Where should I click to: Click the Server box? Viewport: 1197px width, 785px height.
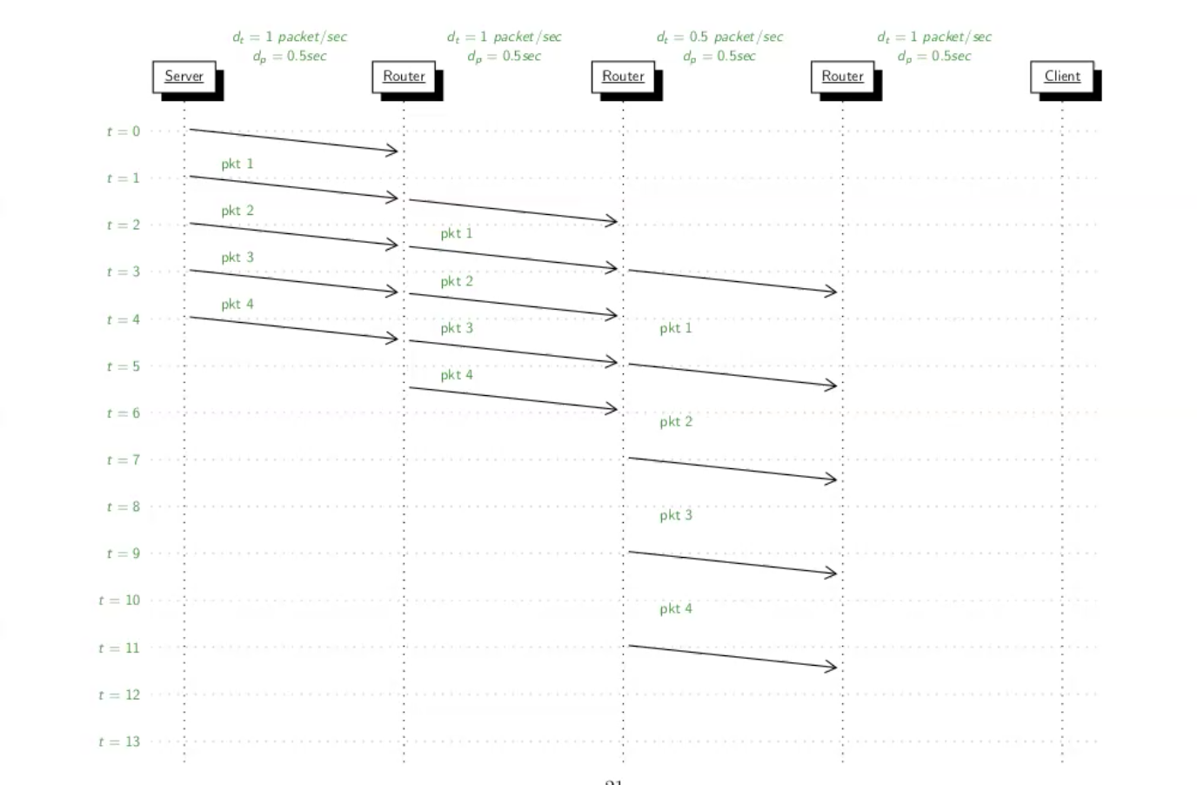[184, 77]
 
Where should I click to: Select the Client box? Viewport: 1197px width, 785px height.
[1062, 77]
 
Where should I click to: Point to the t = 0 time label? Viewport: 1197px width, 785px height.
[123, 131]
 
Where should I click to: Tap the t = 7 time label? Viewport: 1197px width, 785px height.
[123, 460]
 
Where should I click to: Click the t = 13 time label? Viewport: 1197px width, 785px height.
[119, 741]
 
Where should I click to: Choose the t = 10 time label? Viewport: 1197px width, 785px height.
[119, 600]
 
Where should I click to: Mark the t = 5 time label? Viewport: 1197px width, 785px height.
[123, 366]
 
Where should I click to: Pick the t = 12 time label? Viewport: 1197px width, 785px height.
[119, 694]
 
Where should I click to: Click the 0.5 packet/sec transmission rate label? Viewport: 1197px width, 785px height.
[719, 37]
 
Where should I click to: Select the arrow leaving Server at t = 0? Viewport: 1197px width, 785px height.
[293, 140]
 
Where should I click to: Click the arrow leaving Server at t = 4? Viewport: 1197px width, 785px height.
[293, 328]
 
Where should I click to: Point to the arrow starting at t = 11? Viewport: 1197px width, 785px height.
[732, 656]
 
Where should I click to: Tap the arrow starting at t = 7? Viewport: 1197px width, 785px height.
[732, 468]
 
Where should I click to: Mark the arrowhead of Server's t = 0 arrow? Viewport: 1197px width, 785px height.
[394, 151]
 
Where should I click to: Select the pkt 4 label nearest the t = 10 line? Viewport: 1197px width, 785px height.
[676, 608]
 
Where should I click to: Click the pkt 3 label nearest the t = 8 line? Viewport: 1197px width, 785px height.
[676, 515]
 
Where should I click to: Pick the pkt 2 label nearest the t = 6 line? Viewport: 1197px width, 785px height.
[676, 422]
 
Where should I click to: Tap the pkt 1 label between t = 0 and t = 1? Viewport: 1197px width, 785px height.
[237, 164]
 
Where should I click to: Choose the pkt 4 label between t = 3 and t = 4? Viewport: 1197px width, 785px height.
[237, 305]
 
